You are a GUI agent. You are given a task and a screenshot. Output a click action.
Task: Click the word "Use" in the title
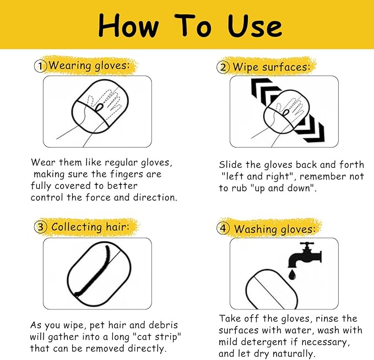click(254, 26)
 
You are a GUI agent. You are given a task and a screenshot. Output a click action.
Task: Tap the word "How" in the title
click(128, 25)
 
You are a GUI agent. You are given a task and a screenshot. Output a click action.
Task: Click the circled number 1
click(40, 66)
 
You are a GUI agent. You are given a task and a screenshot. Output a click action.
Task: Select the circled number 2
click(223, 67)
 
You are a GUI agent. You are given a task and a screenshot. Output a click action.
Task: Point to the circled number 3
click(41, 227)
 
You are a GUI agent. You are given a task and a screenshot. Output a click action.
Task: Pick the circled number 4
click(223, 228)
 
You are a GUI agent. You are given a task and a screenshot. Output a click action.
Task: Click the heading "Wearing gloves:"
click(89, 66)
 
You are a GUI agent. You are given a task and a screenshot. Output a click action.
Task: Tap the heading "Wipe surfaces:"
click(272, 67)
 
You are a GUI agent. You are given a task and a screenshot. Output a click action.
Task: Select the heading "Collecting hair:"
click(90, 226)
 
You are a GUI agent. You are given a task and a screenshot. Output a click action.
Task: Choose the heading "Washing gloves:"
click(274, 229)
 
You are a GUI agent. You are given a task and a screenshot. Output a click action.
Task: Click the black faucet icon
click(305, 255)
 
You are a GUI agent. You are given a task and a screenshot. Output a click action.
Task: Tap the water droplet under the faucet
click(292, 275)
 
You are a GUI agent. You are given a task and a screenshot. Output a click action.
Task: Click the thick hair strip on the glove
click(93, 272)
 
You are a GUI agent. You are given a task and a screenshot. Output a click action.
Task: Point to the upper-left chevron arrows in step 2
click(265, 91)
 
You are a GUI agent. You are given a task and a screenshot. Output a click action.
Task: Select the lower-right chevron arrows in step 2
click(310, 129)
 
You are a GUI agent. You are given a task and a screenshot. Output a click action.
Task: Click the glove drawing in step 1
click(100, 106)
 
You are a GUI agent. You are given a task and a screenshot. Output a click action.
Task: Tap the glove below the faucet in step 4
click(272, 290)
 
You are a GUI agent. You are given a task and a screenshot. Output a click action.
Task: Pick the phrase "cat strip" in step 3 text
click(156, 337)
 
